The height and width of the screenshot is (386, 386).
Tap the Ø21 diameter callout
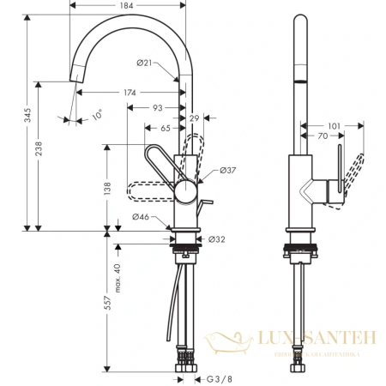pyautogui.click(x=144, y=62)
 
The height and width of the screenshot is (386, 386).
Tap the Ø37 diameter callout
pyautogui.click(x=228, y=171)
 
